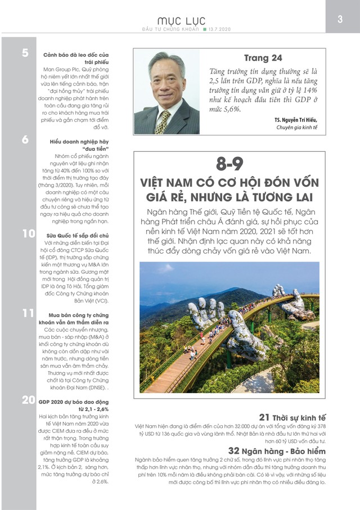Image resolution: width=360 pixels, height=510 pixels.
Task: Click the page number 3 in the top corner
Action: (x=340, y=19)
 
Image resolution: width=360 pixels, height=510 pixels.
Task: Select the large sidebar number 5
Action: (x=25, y=53)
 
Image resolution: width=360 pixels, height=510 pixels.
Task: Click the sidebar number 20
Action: (x=28, y=400)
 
